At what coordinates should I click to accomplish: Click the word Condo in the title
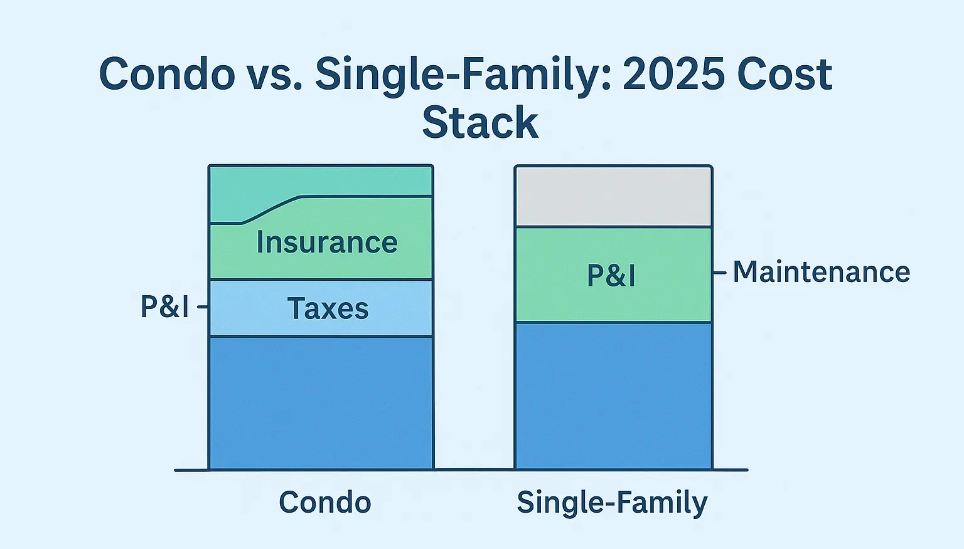tap(167, 74)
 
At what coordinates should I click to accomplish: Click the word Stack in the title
tap(480, 122)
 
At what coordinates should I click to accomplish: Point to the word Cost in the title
tap(785, 74)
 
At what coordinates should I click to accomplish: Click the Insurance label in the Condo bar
tap(327, 243)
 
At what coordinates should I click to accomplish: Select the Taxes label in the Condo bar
tap(328, 308)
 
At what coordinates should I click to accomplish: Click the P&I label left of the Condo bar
tap(165, 306)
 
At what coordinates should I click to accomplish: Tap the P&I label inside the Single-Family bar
tap(611, 275)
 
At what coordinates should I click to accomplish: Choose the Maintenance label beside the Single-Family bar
tap(822, 272)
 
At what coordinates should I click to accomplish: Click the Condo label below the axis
tap(325, 502)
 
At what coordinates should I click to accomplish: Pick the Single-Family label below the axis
tap(613, 503)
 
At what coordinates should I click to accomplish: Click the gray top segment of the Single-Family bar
tap(613, 197)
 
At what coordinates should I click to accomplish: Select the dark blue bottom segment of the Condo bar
tap(321, 403)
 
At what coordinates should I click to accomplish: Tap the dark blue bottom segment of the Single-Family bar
tap(613, 395)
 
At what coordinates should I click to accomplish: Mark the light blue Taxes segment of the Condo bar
tap(321, 308)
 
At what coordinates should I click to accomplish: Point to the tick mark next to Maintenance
tap(720, 273)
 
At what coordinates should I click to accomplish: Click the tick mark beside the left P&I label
tap(202, 306)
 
